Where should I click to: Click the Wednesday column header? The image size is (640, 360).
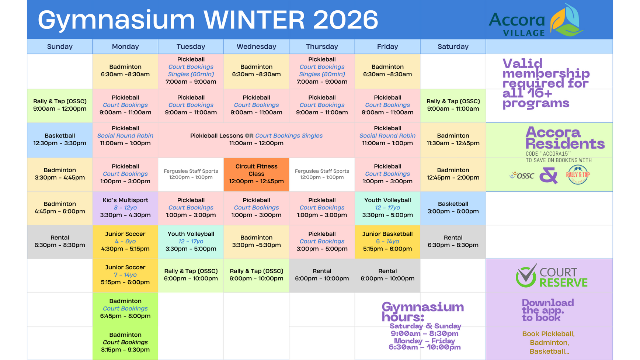tap(256, 46)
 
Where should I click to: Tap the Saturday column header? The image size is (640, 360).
tap(453, 46)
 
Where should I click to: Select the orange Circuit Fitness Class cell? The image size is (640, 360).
tap(256, 174)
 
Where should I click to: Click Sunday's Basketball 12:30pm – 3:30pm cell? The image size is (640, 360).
tap(60, 140)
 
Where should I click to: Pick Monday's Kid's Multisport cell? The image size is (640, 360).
tap(125, 208)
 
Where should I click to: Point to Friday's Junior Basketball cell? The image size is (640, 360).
tap(387, 242)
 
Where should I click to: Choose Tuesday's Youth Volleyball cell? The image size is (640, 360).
tap(191, 242)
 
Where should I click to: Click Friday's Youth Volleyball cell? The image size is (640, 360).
tap(387, 208)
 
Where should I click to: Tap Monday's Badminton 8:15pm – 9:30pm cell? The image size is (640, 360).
tap(125, 343)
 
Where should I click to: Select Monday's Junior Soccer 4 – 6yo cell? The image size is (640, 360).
tap(125, 242)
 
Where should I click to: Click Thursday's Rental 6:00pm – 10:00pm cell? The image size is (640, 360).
tap(322, 275)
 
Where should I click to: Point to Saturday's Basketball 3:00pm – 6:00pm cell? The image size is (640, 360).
tap(453, 208)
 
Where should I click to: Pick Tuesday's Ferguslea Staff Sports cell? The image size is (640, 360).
tap(191, 174)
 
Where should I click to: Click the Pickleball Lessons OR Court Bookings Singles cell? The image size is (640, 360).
tap(256, 140)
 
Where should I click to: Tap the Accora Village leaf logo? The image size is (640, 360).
tap(567, 20)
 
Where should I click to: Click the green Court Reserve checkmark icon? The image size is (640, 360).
tap(526, 276)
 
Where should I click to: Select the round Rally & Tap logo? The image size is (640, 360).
tap(578, 175)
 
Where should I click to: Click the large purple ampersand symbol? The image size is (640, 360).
tap(549, 175)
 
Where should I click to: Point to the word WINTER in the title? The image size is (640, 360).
tap(254, 20)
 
